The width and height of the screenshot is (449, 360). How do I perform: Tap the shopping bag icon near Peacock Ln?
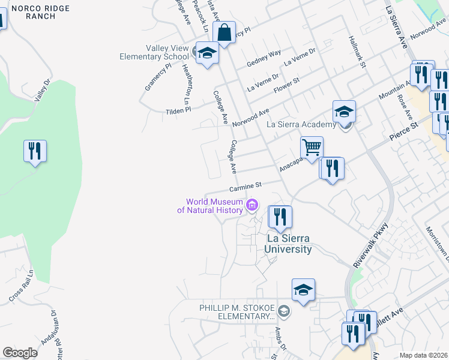click(x=224, y=33)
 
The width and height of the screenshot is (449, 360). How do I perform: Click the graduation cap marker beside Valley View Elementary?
click(x=207, y=54)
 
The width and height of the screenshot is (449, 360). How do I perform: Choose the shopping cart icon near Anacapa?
click(x=312, y=148)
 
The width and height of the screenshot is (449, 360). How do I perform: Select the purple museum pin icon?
click(x=252, y=206)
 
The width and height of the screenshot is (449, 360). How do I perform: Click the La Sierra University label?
click(x=289, y=244)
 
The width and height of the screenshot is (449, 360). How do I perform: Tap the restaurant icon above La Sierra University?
click(x=280, y=217)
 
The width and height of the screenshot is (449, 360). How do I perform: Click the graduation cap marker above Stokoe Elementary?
click(x=304, y=290)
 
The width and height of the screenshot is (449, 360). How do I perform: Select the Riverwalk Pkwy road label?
click(x=371, y=245)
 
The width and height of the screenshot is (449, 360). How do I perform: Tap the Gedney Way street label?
click(x=264, y=58)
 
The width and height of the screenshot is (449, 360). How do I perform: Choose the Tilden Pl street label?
click(x=179, y=110)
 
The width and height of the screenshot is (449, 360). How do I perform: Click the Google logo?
click(x=20, y=353)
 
